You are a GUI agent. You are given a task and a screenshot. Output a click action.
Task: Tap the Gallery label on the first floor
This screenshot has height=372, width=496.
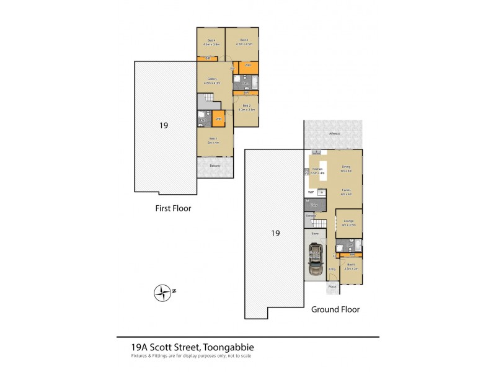point(212,79)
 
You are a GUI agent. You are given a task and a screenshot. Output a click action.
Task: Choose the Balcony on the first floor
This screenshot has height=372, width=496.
point(215,166)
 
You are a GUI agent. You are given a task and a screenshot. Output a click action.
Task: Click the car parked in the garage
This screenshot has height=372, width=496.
point(315,259)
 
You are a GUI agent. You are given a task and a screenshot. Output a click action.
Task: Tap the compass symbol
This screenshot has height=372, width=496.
point(163,291)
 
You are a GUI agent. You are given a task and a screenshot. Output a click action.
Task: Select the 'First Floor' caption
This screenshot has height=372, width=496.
point(173,209)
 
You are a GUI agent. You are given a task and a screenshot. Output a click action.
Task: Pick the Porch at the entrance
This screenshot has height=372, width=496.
point(332,286)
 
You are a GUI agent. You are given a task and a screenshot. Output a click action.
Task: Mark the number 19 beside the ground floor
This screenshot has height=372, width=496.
point(276,234)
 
